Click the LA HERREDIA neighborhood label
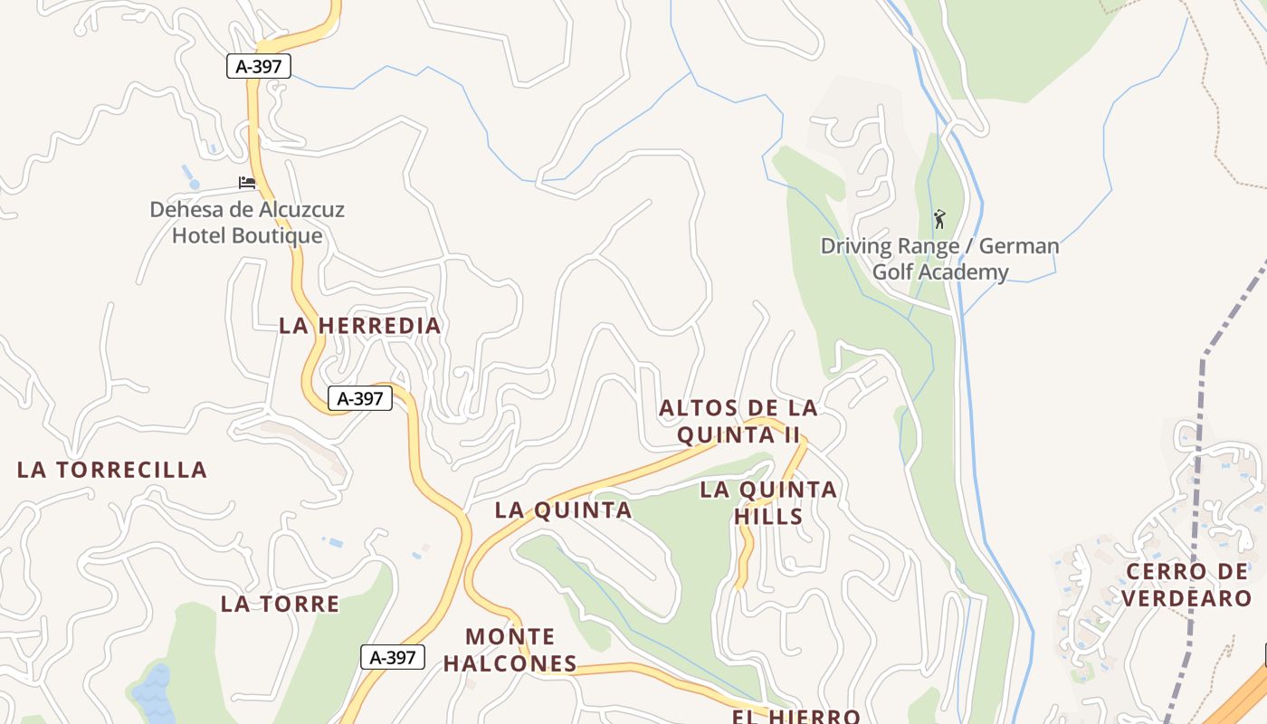click(x=359, y=326)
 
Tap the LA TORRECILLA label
click(x=112, y=470)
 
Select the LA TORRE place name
click(x=280, y=604)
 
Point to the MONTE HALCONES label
click(x=510, y=650)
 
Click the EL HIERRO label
click(x=795, y=716)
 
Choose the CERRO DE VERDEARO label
click(x=1188, y=585)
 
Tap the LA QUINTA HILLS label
click(x=768, y=503)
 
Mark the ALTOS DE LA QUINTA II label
click(x=738, y=421)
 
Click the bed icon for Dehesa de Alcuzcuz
click(x=247, y=183)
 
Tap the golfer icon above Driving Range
click(x=939, y=218)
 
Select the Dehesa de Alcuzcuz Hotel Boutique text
click(x=247, y=223)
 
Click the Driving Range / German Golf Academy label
click(x=939, y=259)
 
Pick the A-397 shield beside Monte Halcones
click(x=393, y=657)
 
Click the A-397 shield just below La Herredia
click(x=360, y=398)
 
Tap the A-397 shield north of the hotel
click(x=259, y=66)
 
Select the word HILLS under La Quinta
click(x=768, y=517)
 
